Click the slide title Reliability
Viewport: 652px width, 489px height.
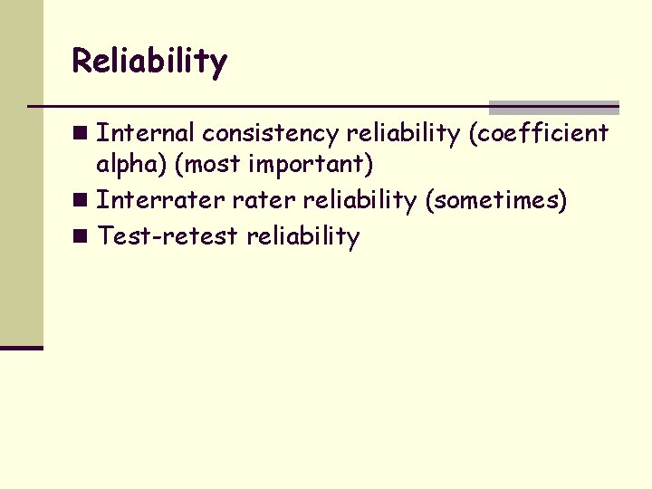(149, 62)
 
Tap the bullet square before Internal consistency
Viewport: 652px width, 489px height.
(81, 134)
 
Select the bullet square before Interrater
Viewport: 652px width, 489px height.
(81, 200)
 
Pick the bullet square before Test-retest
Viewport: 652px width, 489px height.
(81, 237)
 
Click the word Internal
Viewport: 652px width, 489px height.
(145, 133)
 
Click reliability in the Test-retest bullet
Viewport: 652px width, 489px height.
(303, 236)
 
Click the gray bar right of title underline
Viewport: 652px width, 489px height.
(553, 108)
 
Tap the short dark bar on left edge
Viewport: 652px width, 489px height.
(22, 347)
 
